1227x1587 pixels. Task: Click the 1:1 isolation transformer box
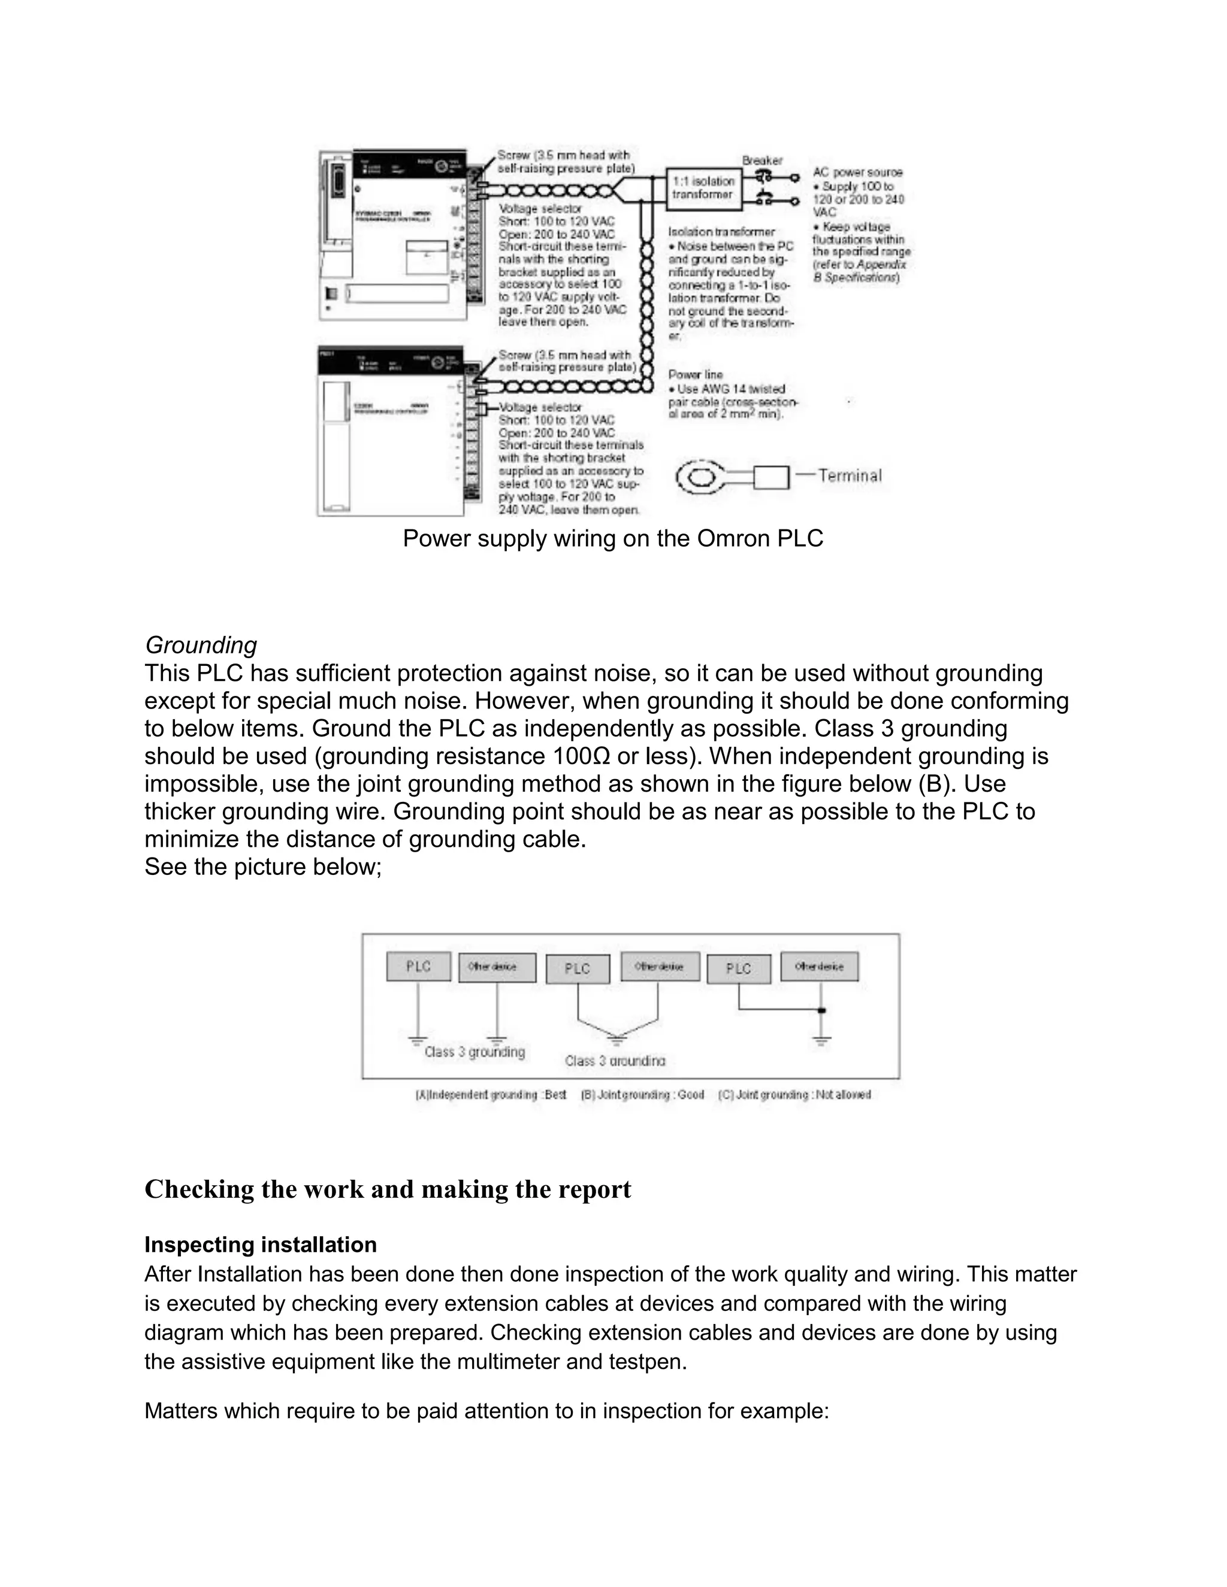click(702, 187)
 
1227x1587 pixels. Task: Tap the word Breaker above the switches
click(762, 160)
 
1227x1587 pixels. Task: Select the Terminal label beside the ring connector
click(849, 476)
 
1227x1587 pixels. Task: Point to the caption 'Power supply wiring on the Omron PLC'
click(613, 538)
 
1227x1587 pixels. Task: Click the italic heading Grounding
click(201, 645)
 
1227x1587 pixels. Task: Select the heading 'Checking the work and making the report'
click(388, 1189)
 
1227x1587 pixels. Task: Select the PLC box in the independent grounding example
click(418, 967)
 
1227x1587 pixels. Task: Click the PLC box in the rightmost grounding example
click(739, 968)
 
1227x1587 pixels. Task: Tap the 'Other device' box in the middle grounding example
click(659, 967)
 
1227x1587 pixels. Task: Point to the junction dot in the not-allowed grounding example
click(822, 1010)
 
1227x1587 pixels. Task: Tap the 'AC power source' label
click(858, 172)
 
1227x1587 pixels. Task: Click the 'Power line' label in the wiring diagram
click(696, 375)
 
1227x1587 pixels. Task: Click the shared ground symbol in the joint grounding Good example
click(616, 1040)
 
